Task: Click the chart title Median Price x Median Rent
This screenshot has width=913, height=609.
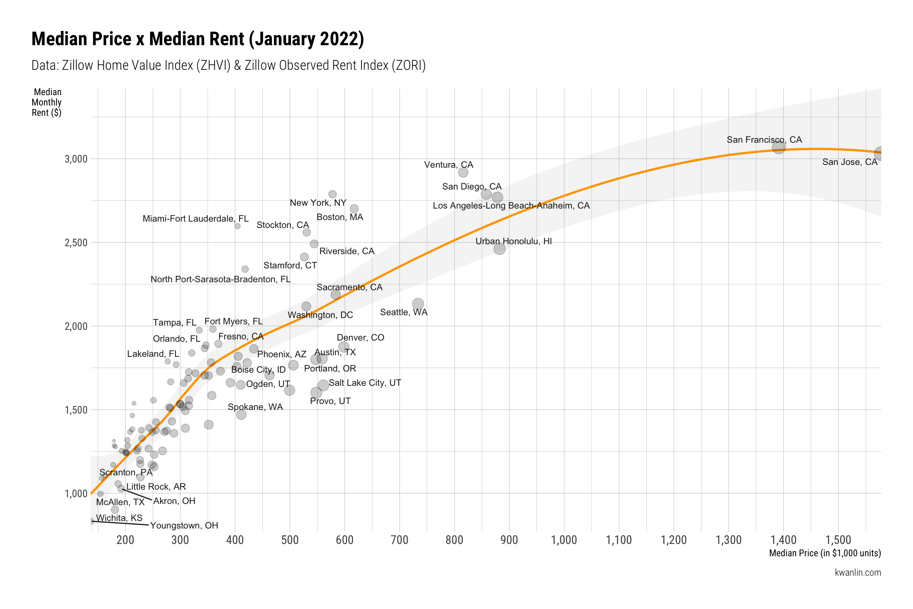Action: (197, 39)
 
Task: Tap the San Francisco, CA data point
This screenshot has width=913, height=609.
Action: (778, 147)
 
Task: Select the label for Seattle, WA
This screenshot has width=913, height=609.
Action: (403, 312)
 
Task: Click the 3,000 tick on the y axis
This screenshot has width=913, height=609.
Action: (76, 159)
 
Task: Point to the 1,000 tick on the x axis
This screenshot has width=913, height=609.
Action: (564, 540)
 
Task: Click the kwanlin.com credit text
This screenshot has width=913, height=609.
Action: (858, 573)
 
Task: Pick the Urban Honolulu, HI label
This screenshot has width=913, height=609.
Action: (513, 241)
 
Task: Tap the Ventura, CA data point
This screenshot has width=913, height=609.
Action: (463, 172)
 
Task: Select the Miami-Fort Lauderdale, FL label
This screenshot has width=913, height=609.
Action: (195, 219)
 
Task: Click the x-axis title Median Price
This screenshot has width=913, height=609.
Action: (825, 553)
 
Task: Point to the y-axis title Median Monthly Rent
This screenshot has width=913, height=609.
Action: (47, 102)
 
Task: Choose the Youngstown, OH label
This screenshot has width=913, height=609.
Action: (184, 526)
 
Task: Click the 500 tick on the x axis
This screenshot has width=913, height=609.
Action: (290, 540)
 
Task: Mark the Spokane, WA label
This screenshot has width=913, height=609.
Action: (255, 407)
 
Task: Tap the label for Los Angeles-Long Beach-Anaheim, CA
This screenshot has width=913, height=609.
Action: (511, 206)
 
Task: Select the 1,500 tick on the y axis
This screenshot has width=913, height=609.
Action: (76, 410)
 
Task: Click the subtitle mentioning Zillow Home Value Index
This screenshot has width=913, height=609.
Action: (228, 65)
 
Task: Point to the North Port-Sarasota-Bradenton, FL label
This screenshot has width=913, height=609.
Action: (220, 280)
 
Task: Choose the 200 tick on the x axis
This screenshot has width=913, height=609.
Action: (125, 540)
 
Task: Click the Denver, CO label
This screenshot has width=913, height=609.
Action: (360, 338)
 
